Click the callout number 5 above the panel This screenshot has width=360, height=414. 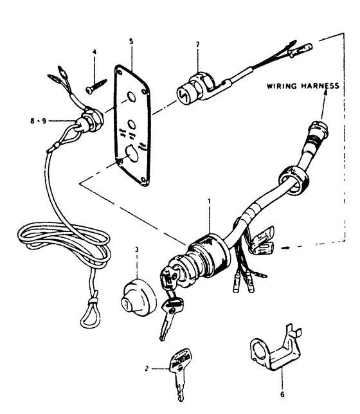point(131,41)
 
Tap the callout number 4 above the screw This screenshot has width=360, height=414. point(94,51)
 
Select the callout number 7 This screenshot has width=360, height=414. point(198,45)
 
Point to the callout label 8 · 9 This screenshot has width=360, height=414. point(39,121)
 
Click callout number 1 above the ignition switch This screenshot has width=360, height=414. point(210,201)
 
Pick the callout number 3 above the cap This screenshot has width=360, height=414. point(137,249)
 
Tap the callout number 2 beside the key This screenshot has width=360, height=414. point(147,368)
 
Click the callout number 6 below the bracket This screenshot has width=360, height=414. point(282,395)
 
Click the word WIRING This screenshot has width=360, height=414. point(282,86)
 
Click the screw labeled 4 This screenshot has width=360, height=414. point(96,85)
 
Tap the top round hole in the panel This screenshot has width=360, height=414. point(131,97)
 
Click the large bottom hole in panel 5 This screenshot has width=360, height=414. point(132,154)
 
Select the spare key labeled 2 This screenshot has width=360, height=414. point(181,374)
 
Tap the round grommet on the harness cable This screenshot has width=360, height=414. point(293,181)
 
